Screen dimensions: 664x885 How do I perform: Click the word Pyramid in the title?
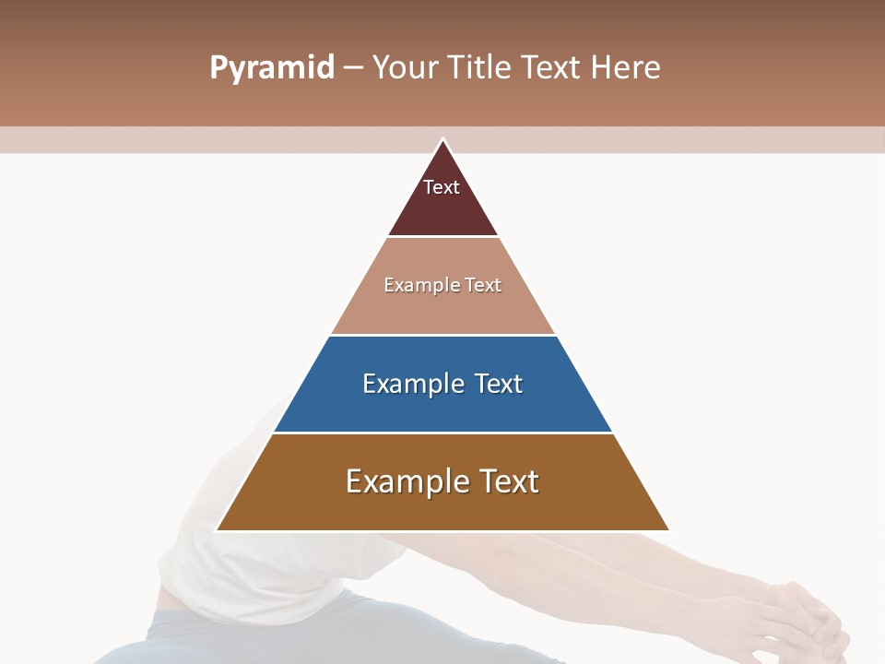272,68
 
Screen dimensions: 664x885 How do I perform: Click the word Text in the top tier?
442,187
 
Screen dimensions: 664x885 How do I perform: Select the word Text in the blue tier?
496,384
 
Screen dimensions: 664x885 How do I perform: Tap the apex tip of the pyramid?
442,140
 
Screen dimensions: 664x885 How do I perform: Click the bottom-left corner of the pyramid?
218,530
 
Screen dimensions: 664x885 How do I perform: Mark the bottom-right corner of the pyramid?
668,530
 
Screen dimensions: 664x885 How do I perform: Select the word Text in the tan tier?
483,285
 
